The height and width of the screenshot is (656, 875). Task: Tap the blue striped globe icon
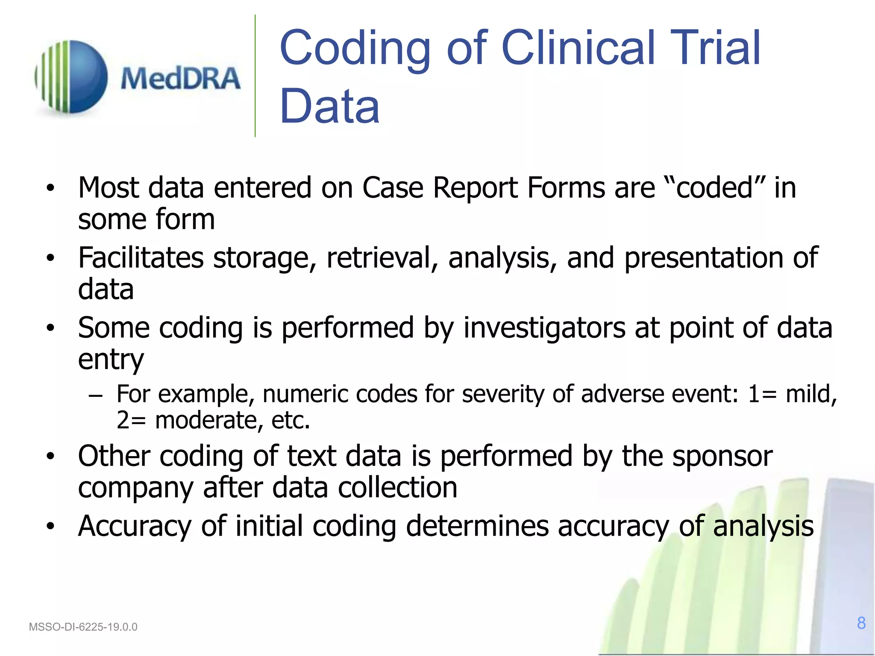click(x=72, y=77)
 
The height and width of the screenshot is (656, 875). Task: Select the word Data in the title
click(x=329, y=106)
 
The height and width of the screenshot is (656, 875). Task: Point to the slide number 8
click(x=861, y=623)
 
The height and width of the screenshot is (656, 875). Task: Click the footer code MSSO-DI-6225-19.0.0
click(x=83, y=627)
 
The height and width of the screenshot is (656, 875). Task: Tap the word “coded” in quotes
click(x=715, y=188)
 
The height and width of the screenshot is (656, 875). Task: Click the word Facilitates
click(x=141, y=258)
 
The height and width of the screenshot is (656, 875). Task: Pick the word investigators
click(x=544, y=328)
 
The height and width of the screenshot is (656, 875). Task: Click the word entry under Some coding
click(x=111, y=360)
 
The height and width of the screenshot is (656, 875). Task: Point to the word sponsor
click(x=722, y=456)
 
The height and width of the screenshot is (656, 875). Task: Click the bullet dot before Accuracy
click(x=51, y=526)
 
